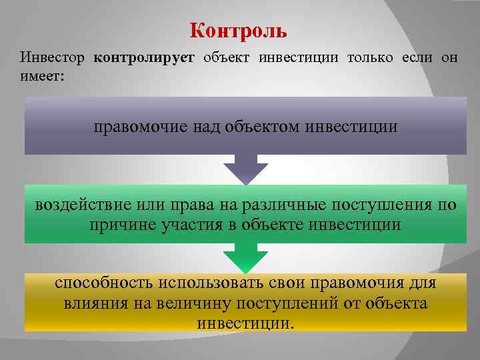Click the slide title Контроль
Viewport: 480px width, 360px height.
coord(238,31)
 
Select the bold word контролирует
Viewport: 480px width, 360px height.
coord(144,58)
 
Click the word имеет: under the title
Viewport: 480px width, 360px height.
coord(42,77)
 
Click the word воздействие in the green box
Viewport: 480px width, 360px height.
coord(81,205)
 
